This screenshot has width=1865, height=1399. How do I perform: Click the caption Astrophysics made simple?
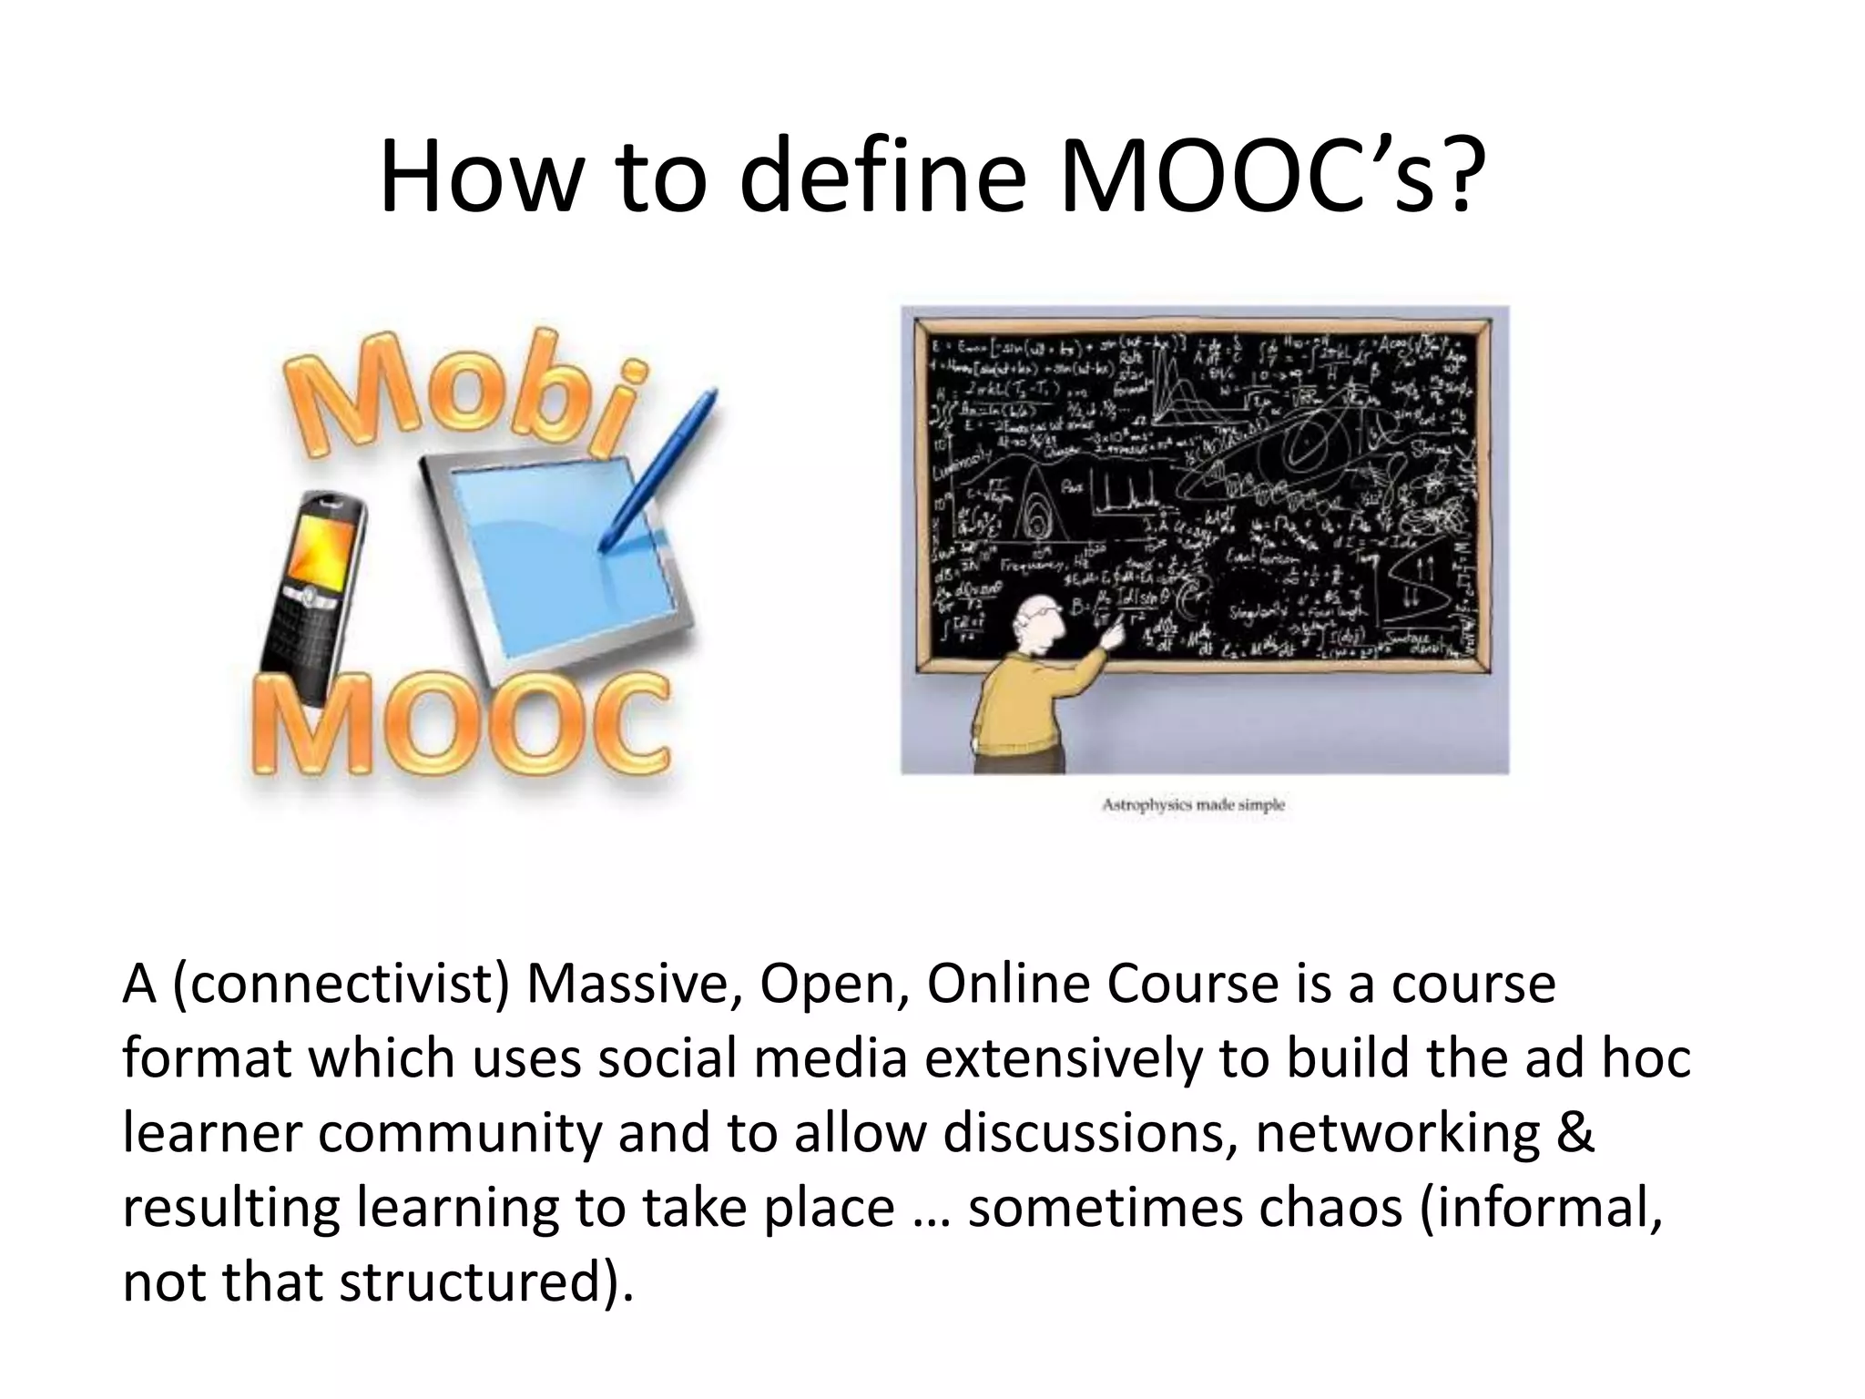pos(1193,805)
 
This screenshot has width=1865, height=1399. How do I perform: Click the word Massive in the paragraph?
pos(633,985)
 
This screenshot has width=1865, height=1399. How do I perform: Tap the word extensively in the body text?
pos(1063,1059)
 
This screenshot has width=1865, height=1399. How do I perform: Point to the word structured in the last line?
pos(473,1283)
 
